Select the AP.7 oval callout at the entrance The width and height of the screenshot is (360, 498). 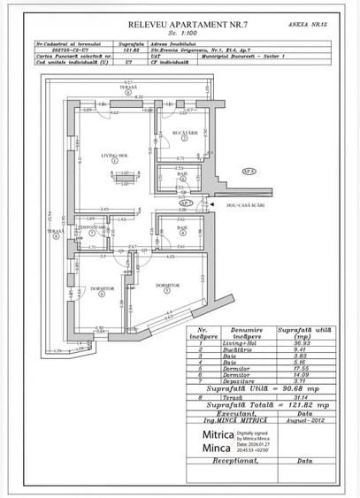[x=211, y=203]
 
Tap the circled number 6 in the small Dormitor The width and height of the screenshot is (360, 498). [x=103, y=295]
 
